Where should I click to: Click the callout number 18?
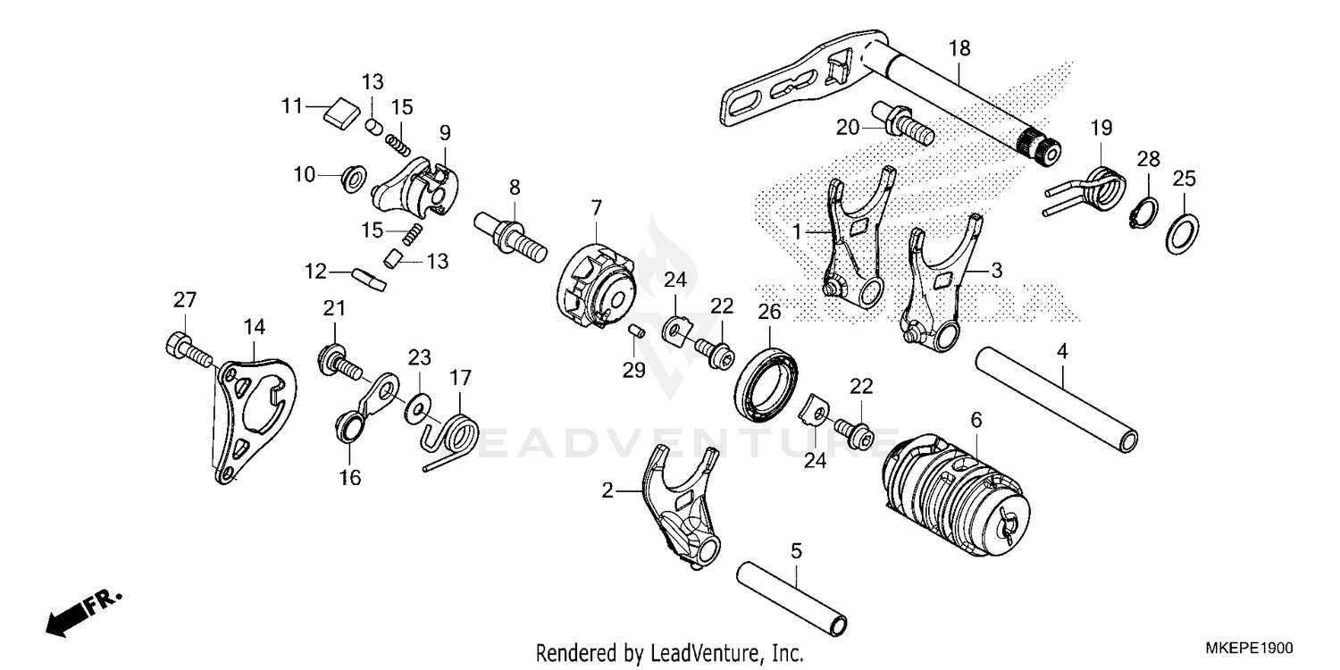click(x=959, y=49)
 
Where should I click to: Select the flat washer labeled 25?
click(x=1184, y=235)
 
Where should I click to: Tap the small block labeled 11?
click(x=339, y=114)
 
